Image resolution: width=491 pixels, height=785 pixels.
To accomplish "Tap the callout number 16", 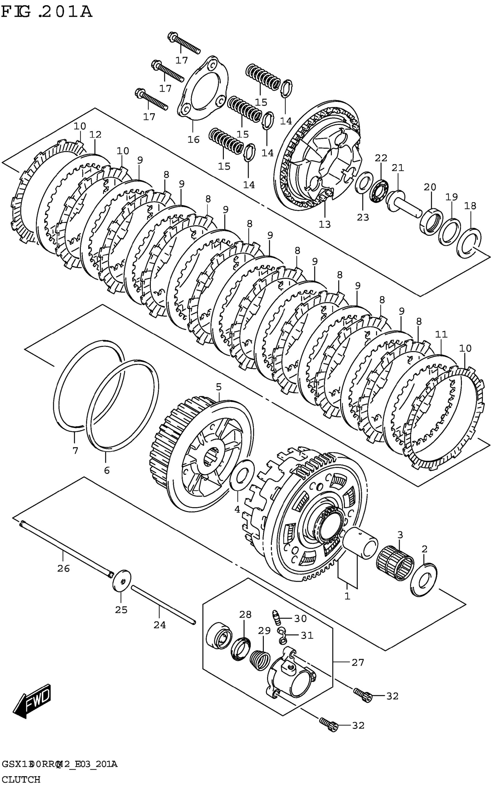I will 194,139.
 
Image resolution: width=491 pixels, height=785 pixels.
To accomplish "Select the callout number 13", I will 324,224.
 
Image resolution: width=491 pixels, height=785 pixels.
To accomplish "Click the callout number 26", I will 63,568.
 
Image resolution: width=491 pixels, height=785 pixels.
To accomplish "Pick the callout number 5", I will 219,387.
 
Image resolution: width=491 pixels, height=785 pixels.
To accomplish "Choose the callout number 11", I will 441,334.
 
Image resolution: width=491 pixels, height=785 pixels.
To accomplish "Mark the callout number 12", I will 96,134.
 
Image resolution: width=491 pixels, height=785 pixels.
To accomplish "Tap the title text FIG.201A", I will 47,12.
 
